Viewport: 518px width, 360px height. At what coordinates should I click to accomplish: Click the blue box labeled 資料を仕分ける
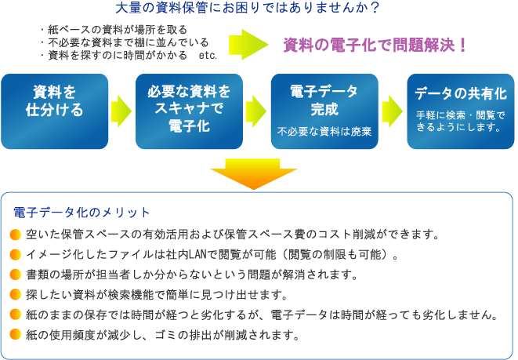click(55, 111)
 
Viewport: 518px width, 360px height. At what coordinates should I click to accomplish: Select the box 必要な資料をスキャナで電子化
click(189, 111)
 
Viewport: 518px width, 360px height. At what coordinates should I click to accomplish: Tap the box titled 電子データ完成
click(324, 111)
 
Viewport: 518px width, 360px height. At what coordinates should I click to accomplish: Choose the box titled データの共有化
click(461, 111)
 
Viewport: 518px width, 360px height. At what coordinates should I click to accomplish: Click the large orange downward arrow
click(253, 173)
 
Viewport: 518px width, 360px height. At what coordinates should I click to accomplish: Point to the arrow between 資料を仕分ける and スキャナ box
click(121, 111)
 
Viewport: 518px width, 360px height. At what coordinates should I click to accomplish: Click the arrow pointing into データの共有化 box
click(393, 111)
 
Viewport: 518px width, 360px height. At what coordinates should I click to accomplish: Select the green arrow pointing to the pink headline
click(248, 45)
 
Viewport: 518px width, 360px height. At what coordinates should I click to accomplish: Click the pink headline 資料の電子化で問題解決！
click(375, 45)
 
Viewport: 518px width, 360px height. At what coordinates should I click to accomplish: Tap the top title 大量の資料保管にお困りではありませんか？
click(247, 8)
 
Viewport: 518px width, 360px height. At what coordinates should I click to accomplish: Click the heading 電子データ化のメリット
click(82, 213)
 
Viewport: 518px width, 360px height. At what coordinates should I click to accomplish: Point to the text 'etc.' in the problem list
click(208, 55)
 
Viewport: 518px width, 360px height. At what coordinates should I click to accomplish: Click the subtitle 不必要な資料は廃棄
click(324, 132)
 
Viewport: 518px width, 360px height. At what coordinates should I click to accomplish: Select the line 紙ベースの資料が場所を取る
click(114, 30)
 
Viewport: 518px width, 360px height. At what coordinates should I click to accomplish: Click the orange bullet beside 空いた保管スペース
click(16, 235)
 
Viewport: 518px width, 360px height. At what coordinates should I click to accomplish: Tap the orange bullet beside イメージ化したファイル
click(16, 255)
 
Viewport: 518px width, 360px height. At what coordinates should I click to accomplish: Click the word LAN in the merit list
click(198, 255)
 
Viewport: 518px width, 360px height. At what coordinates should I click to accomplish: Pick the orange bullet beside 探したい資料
click(16, 295)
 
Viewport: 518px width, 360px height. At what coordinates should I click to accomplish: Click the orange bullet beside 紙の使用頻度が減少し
click(16, 335)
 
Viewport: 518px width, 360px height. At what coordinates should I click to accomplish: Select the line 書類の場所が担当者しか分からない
click(192, 275)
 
